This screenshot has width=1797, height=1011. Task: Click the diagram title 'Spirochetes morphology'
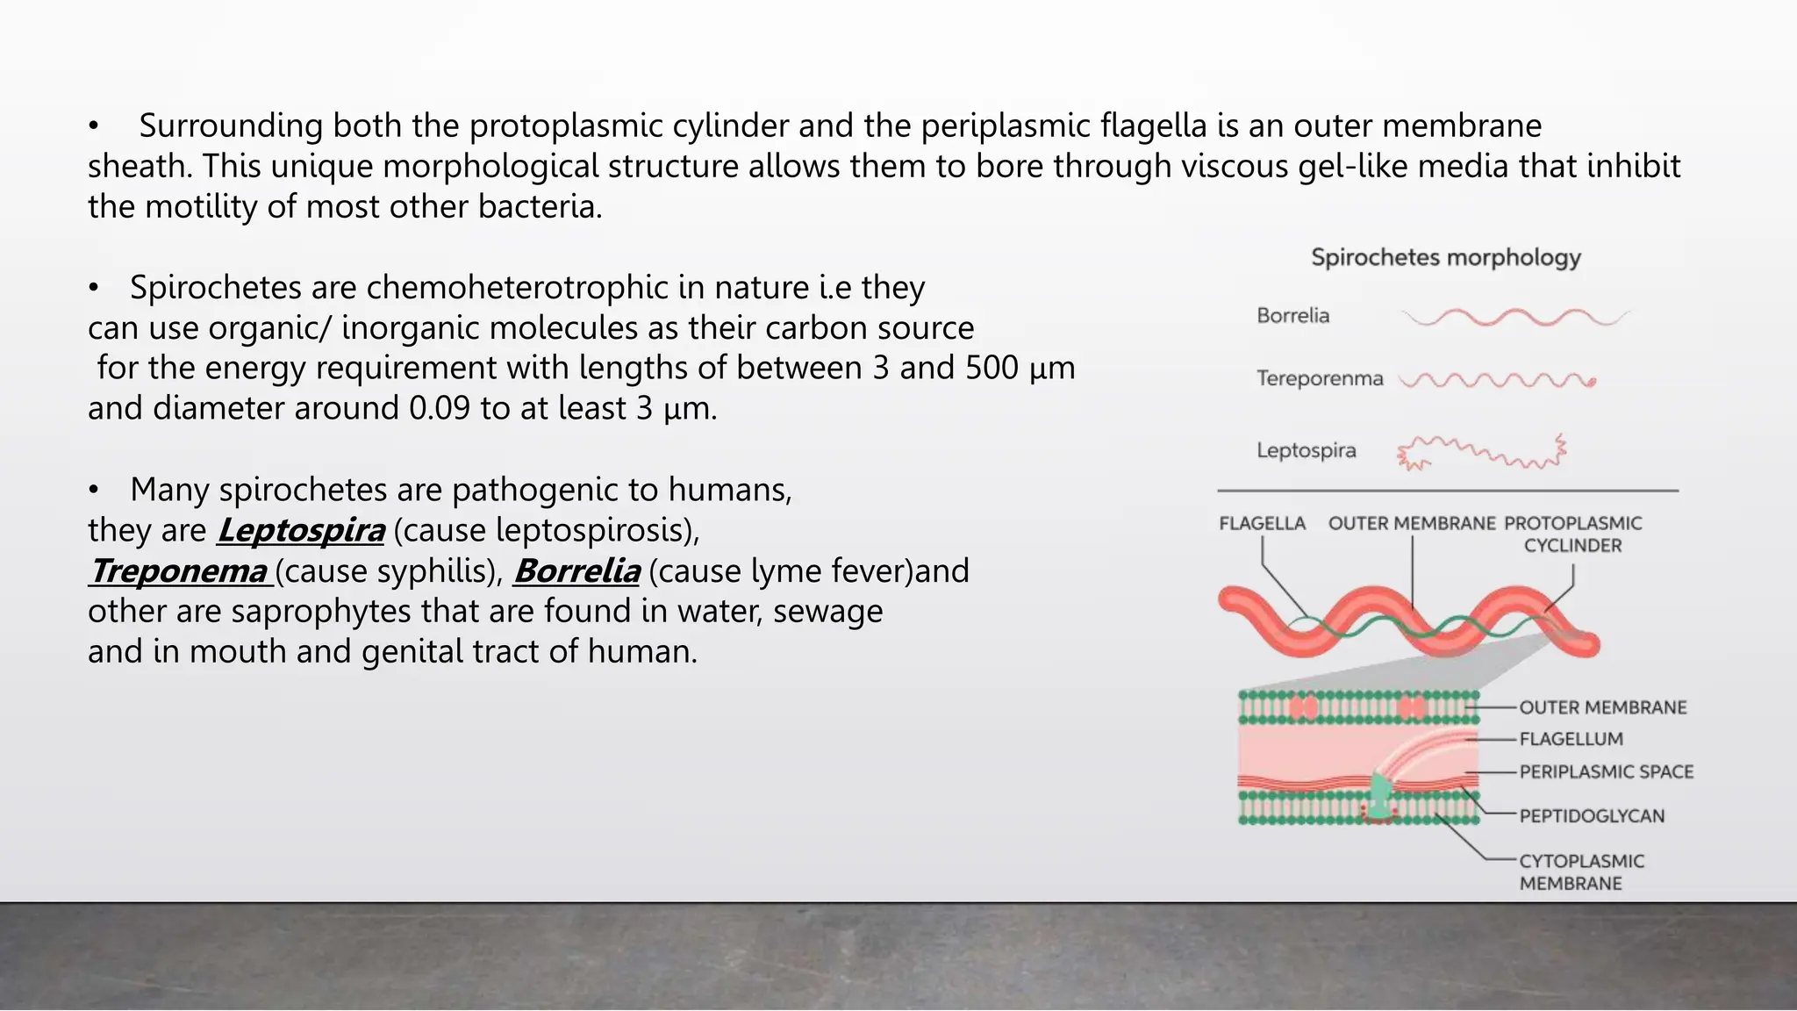tap(1445, 257)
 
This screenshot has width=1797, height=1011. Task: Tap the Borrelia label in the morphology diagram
tap(1292, 315)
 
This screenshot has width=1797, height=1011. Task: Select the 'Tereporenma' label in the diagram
tap(1319, 378)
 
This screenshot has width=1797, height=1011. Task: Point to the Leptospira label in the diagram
tap(1306, 450)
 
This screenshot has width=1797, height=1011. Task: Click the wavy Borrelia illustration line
tap(1515, 318)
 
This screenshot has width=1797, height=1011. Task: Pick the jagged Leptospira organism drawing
tap(1481, 453)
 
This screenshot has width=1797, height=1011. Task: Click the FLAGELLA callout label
tap(1262, 523)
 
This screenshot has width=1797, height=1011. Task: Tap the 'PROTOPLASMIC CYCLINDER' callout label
tap(1572, 534)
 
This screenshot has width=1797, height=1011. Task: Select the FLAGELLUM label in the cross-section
tap(1571, 739)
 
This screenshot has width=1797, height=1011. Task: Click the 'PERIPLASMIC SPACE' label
tap(1606, 771)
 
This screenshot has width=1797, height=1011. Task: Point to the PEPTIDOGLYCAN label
tap(1592, 815)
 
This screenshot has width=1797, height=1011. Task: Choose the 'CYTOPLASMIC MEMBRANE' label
tap(1581, 871)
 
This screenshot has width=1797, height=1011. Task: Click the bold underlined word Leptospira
tap(301, 530)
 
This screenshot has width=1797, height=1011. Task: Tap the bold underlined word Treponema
tap(178, 570)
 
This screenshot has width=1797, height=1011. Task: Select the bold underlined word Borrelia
tap(576, 570)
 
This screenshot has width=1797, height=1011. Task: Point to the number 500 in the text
tap(992, 368)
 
